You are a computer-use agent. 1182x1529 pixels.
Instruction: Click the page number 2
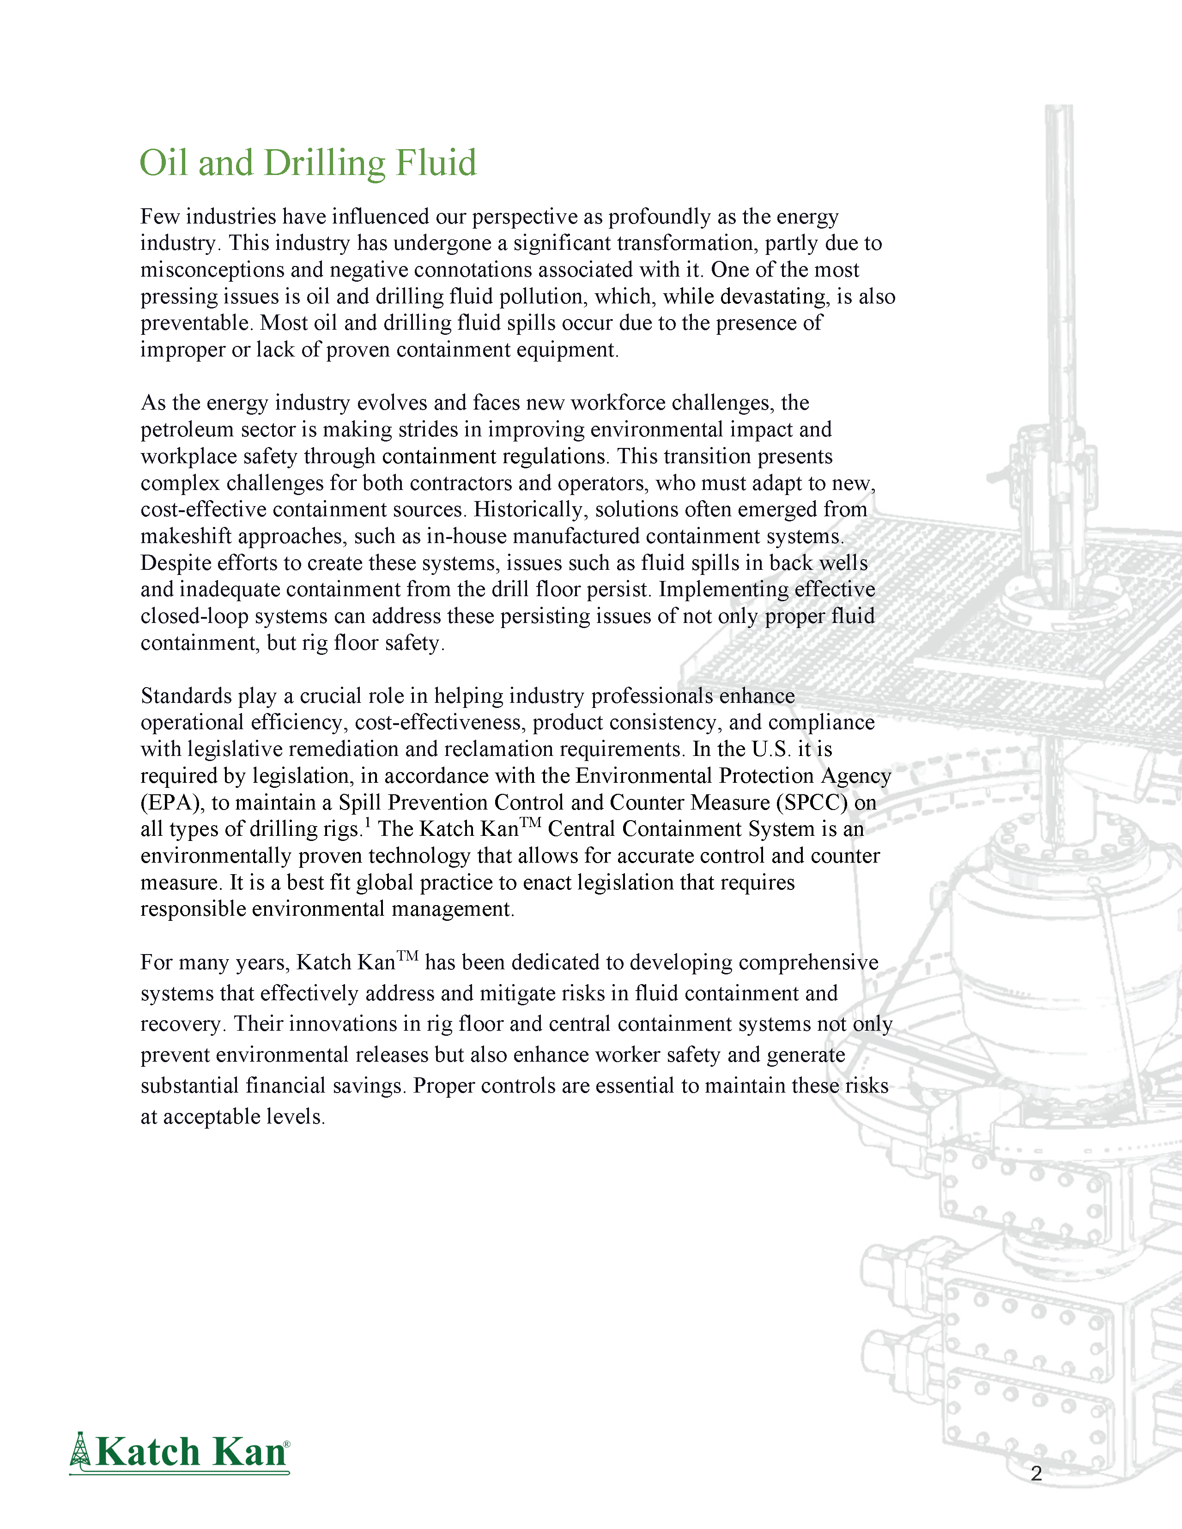click(x=1037, y=1474)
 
